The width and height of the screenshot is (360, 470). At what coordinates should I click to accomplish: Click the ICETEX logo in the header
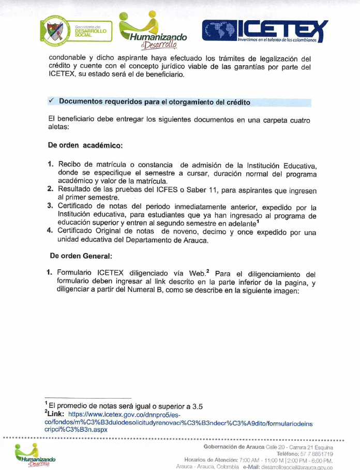264,31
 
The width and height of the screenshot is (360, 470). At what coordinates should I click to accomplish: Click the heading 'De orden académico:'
85,145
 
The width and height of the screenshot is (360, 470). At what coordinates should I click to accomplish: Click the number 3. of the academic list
51,206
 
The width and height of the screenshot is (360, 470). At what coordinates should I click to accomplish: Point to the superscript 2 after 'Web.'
208,270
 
